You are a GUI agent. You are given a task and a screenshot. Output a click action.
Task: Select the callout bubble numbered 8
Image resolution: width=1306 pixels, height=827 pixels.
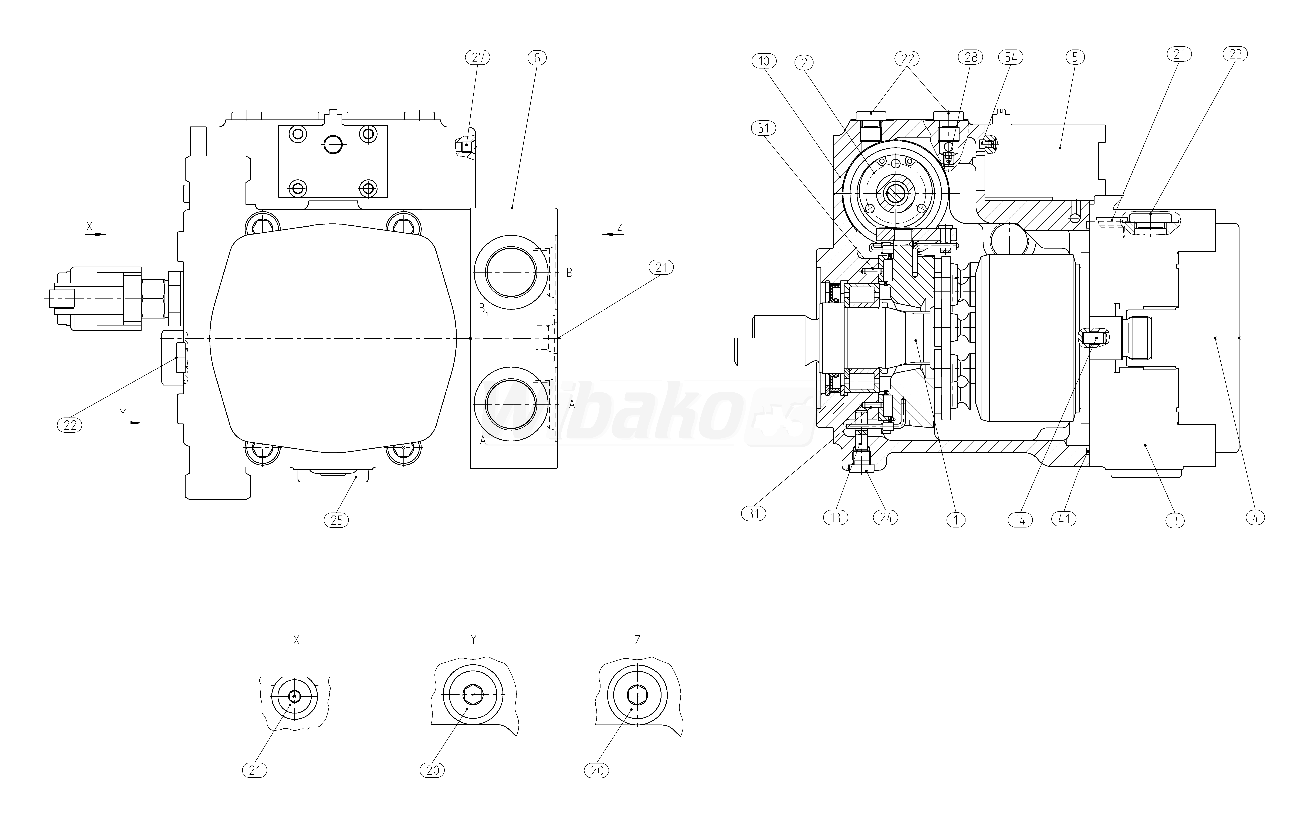pyautogui.click(x=537, y=57)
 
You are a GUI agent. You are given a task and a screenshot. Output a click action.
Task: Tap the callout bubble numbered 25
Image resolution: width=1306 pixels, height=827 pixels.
pyautogui.click(x=336, y=520)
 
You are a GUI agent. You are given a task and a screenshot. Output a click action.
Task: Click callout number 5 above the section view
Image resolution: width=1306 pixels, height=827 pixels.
pyautogui.click(x=1075, y=57)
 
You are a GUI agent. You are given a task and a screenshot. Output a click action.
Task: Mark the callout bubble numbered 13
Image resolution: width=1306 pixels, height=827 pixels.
pyautogui.click(x=835, y=518)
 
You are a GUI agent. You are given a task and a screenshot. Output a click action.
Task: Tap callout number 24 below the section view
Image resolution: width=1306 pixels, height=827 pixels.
pyautogui.click(x=886, y=518)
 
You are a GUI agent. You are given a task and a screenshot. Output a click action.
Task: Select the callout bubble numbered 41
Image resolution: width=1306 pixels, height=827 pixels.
pyautogui.click(x=1064, y=519)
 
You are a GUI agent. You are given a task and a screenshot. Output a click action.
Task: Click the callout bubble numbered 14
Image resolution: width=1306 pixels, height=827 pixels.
pyautogui.click(x=1020, y=520)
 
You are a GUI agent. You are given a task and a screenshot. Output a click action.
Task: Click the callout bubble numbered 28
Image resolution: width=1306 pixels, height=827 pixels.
pyautogui.click(x=970, y=57)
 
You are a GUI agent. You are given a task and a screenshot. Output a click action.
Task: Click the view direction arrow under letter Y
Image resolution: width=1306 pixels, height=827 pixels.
pyautogui.click(x=131, y=422)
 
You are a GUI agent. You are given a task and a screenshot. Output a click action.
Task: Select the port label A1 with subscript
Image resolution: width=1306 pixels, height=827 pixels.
pyautogui.click(x=484, y=442)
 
